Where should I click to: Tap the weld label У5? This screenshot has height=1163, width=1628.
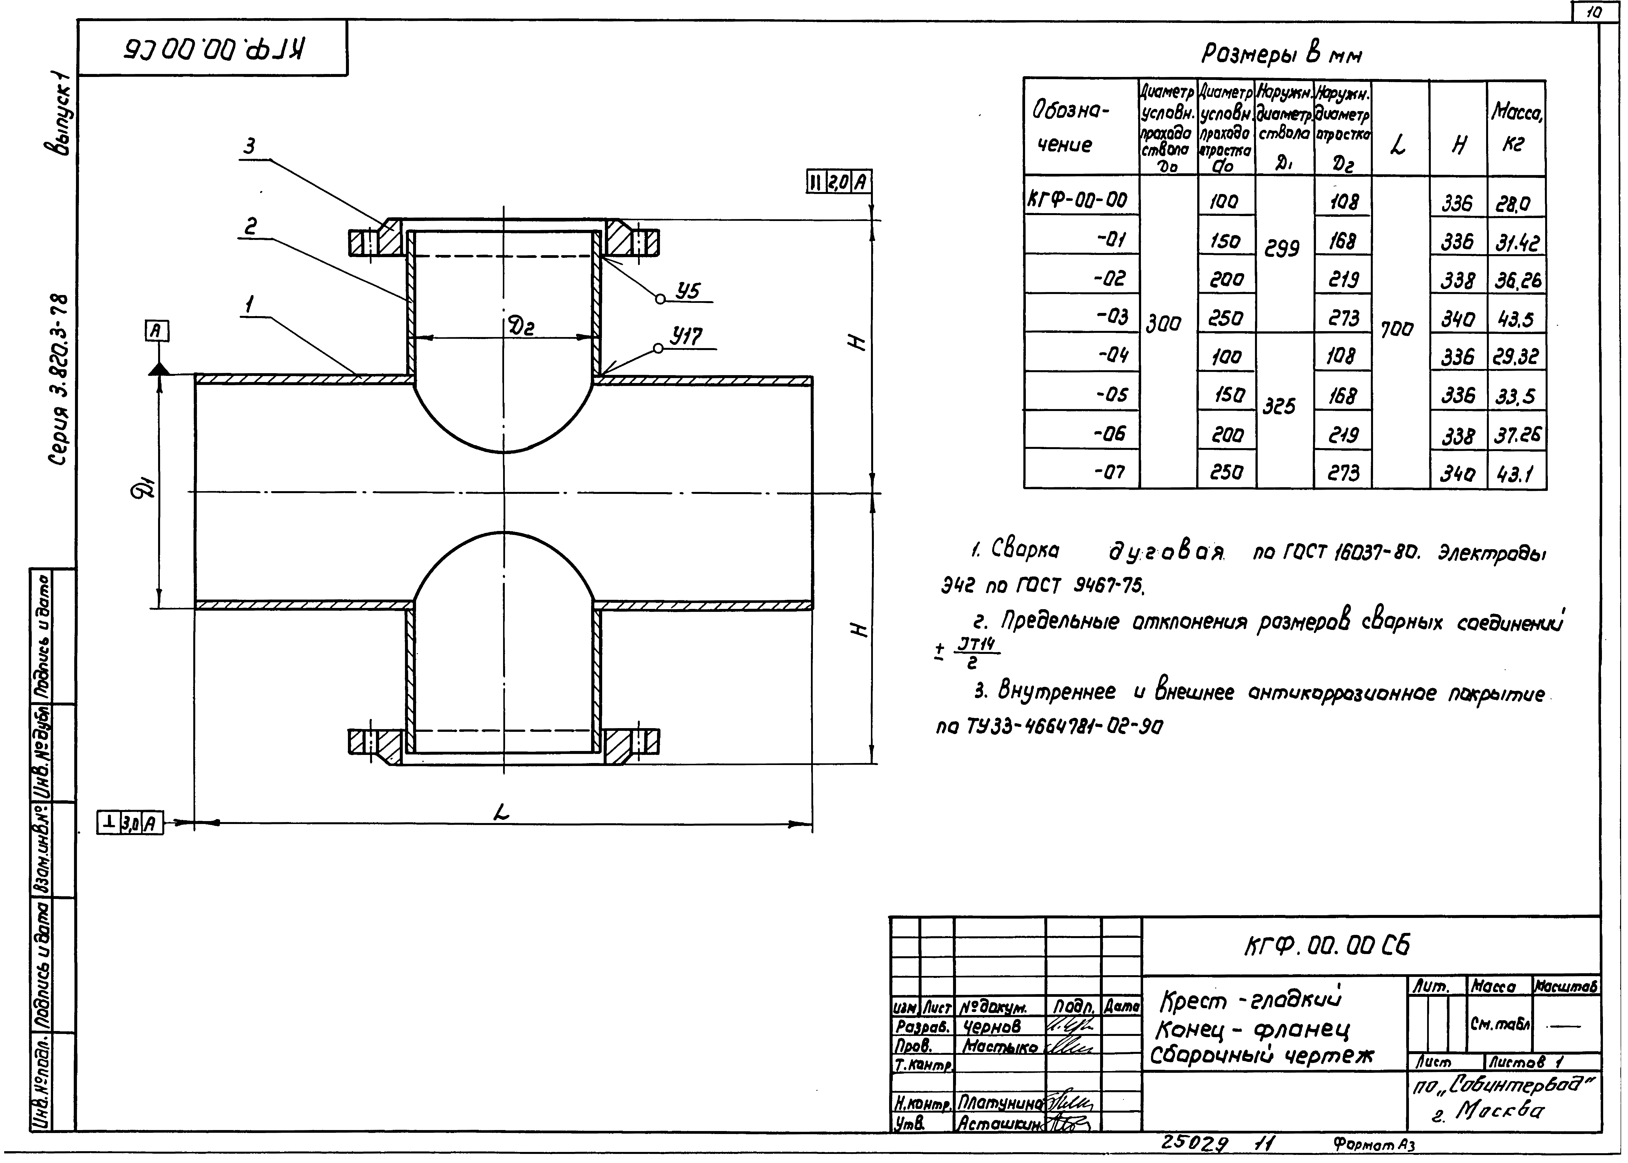coord(688,291)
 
